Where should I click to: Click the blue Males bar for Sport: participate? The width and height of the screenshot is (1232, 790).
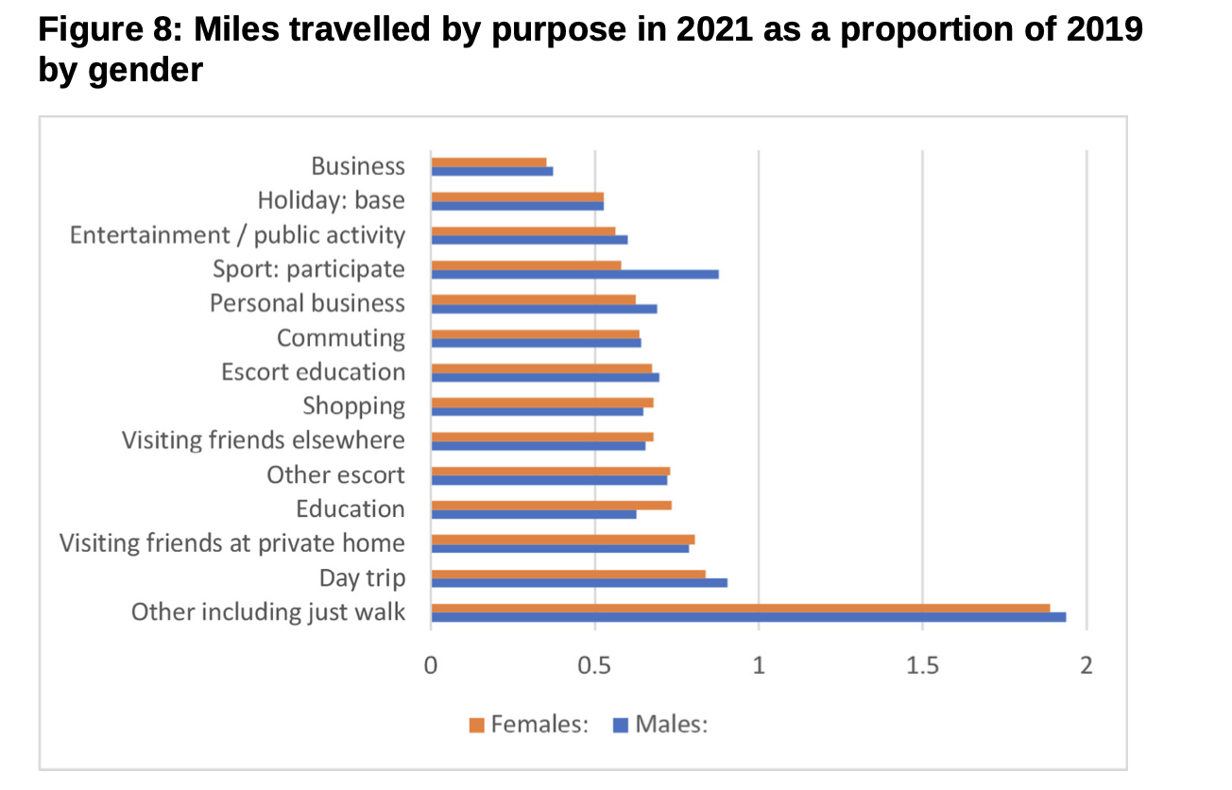pyautogui.click(x=574, y=274)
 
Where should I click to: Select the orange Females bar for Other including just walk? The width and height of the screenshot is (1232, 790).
pyautogui.click(x=740, y=608)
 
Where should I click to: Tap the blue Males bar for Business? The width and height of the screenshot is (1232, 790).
pyautogui.click(x=491, y=171)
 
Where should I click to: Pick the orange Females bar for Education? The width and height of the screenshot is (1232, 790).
pyautogui.click(x=551, y=505)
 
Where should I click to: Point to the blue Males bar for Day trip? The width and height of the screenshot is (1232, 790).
pyautogui.click(x=578, y=582)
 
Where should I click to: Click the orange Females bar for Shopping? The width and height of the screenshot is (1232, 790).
pyautogui.click(x=541, y=402)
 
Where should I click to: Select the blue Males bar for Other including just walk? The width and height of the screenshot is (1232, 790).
pyautogui.click(x=748, y=617)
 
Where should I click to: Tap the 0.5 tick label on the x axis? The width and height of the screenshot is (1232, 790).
pyautogui.click(x=594, y=666)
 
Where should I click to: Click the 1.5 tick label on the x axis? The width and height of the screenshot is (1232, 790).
pyautogui.click(x=922, y=666)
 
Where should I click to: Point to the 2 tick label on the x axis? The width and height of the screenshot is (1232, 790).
pyautogui.click(x=1086, y=666)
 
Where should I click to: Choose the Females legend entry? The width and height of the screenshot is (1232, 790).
pyautogui.click(x=529, y=725)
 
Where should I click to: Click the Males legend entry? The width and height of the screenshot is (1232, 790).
pyautogui.click(x=661, y=725)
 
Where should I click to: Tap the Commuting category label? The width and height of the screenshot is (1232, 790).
pyautogui.click(x=340, y=337)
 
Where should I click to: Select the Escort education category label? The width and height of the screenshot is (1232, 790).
pyautogui.click(x=313, y=371)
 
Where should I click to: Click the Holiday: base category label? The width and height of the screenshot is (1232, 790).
pyautogui.click(x=331, y=200)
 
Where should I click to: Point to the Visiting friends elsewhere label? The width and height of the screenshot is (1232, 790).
pyautogui.click(x=263, y=440)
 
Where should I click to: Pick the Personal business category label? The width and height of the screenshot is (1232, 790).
pyautogui.click(x=307, y=303)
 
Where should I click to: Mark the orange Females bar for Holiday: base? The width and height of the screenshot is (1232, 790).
pyautogui.click(x=517, y=197)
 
